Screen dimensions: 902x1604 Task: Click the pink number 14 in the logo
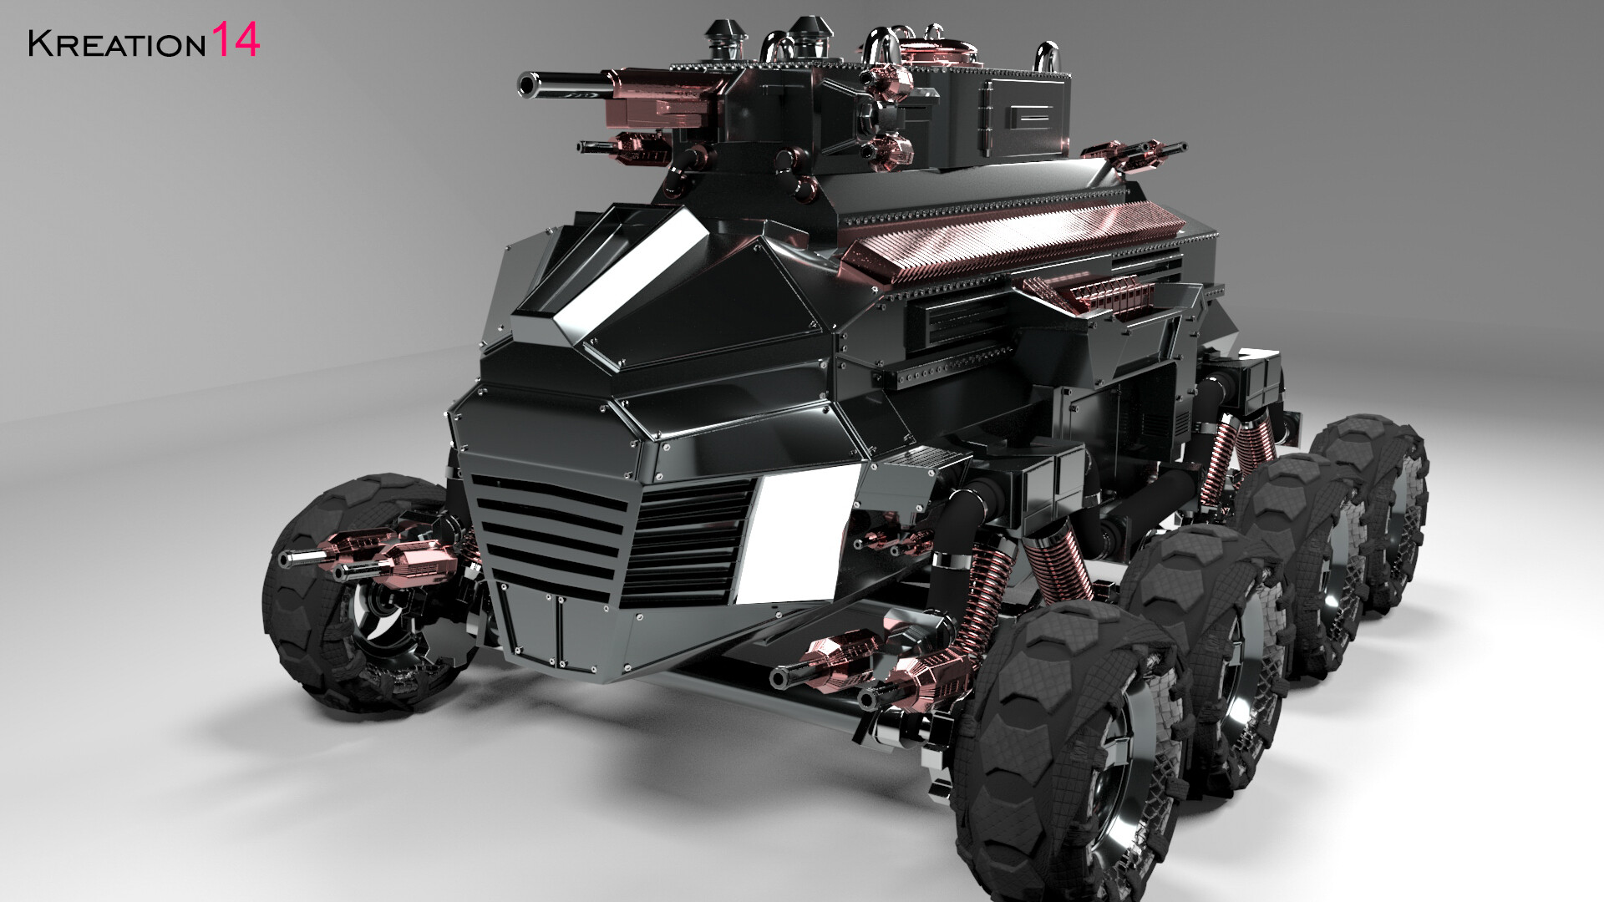click(x=235, y=40)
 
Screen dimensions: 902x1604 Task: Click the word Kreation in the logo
click(x=116, y=44)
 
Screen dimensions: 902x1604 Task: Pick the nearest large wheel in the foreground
click(x=1069, y=752)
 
